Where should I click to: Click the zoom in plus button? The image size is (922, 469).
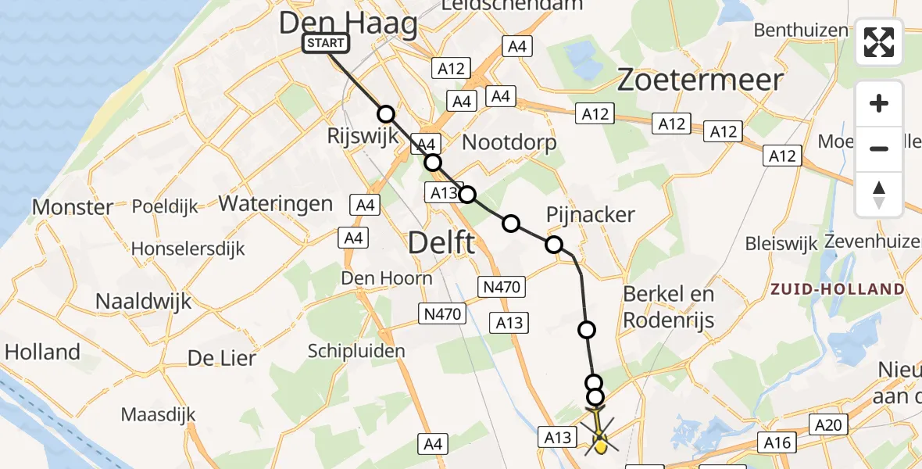pyautogui.click(x=879, y=103)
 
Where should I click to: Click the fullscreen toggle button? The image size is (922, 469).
pyautogui.click(x=879, y=42)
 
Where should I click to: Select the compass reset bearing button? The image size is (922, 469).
pyautogui.click(x=879, y=195)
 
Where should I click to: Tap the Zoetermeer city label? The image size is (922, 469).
pyautogui.click(x=700, y=81)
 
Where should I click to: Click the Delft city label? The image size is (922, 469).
pyautogui.click(x=441, y=243)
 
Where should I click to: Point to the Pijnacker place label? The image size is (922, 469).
pyautogui.click(x=591, y=214)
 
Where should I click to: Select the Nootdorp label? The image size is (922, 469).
pyautogui.click(x=509, y=142)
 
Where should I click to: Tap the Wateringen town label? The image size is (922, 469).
pyautogui.click(x=276, y=204)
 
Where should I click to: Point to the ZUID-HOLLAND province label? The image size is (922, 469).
pyautogui.click(x=837, y=289)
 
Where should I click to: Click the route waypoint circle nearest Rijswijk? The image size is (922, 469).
pyautogui.click(x=386, y=114)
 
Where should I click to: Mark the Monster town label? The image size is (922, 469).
pyautogui.click(x=73, y=207)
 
